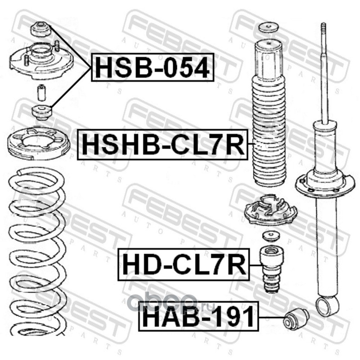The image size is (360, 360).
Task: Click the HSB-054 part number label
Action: tap(153, 67)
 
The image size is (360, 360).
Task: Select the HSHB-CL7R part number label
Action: tap(163, 144)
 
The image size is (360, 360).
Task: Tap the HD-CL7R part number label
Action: tap(184, 265)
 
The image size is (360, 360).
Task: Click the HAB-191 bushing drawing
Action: tap(296, 319)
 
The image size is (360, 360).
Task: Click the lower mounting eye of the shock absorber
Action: tap(328, 306)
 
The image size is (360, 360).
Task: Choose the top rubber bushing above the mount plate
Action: tap(40, 29)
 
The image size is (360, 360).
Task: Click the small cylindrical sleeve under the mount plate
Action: tap(41, 93)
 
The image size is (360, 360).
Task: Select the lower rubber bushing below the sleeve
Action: tap(41, 112)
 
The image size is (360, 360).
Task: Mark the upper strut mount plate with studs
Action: tap(41, 61)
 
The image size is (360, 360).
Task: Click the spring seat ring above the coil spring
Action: tap(38, 144)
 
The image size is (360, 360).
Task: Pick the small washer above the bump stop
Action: tap(271, 237)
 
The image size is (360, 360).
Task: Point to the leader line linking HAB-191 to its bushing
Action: tap(271, 318)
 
